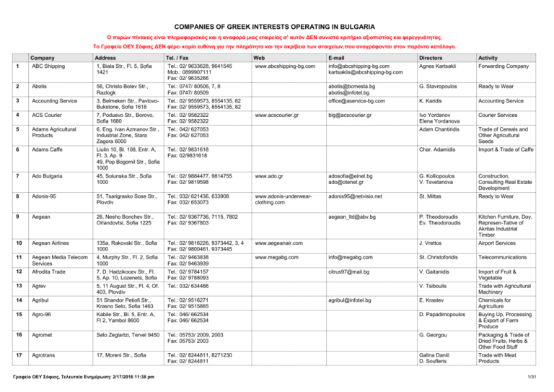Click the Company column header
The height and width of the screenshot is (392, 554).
(x=44, y=57)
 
